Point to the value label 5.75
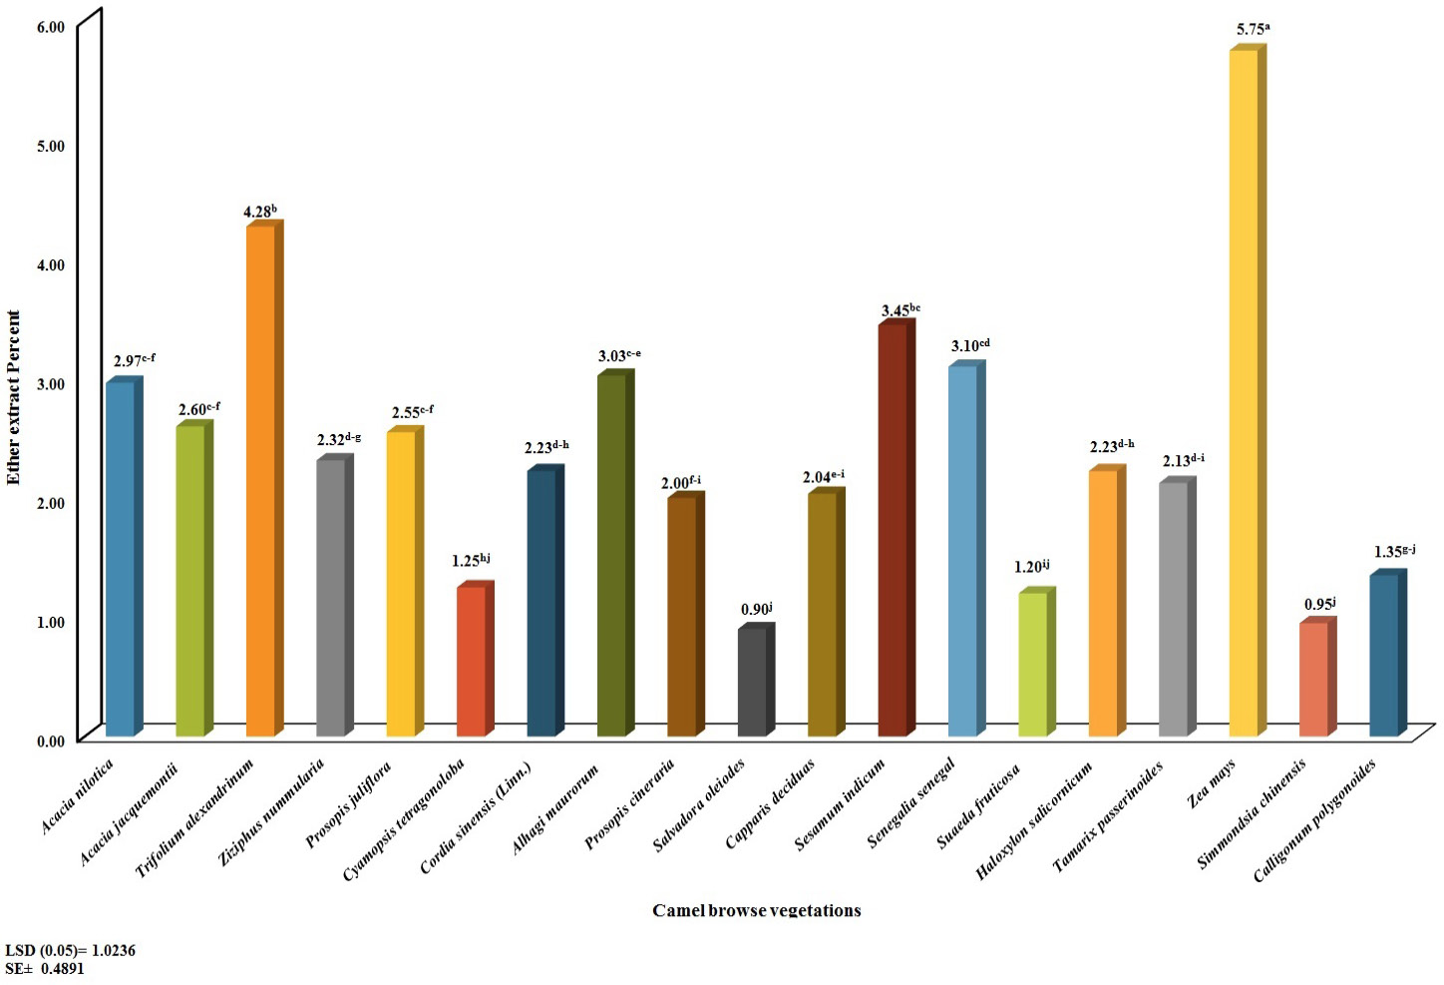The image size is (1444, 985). (1253, 30)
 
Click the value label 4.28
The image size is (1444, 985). (260, 211)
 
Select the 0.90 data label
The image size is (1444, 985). (756, 609)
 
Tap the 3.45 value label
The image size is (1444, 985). (901, 310)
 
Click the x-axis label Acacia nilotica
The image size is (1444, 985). (77, 796)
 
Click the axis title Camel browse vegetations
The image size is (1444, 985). (756, 910)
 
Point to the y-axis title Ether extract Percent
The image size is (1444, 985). (14, 397)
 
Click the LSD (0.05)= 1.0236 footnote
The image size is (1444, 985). (70, 951)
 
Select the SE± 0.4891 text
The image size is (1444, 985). (45, 968)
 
